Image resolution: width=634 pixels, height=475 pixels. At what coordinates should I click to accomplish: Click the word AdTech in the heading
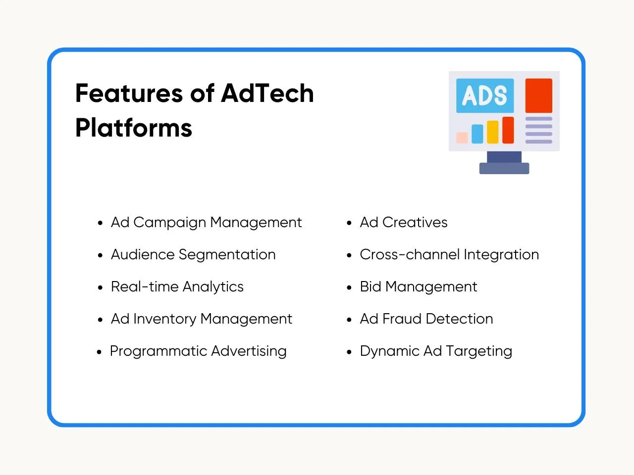(267, 93)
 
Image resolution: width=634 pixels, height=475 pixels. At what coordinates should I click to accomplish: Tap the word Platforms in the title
(134, 128)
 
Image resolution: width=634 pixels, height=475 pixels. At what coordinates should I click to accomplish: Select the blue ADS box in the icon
(485, 95)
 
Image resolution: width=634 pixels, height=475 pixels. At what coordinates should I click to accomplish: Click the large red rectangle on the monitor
(539, 95)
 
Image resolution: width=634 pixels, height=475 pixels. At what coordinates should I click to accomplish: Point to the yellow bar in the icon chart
(492, 132)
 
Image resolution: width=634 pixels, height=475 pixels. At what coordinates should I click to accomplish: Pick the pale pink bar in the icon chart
(462, 138)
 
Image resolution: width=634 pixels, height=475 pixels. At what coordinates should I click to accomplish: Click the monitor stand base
(504, 168)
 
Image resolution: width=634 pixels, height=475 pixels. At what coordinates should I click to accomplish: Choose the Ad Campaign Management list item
(206, 223)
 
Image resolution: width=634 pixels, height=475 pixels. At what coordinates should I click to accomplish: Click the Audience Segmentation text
(193, 255)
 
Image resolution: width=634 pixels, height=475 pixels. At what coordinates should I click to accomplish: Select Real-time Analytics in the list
(177, 287)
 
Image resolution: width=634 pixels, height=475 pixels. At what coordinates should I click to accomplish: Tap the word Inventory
(164, 319)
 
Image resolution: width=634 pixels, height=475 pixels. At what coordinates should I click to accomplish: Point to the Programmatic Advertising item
(198, 351)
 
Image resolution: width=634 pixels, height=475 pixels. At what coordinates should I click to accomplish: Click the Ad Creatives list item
(404, 223)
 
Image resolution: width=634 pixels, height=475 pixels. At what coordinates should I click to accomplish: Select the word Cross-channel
(410, 255)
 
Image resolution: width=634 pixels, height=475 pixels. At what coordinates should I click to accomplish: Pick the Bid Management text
(418, 287)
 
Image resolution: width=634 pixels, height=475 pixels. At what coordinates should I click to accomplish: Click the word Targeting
(479, 351)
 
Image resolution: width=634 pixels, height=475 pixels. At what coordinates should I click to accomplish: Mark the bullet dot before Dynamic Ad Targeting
(349, 352)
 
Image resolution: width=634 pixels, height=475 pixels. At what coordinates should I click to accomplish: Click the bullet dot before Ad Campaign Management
(100, 223)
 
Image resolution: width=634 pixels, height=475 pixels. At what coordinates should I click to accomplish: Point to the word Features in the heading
(129, 93)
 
